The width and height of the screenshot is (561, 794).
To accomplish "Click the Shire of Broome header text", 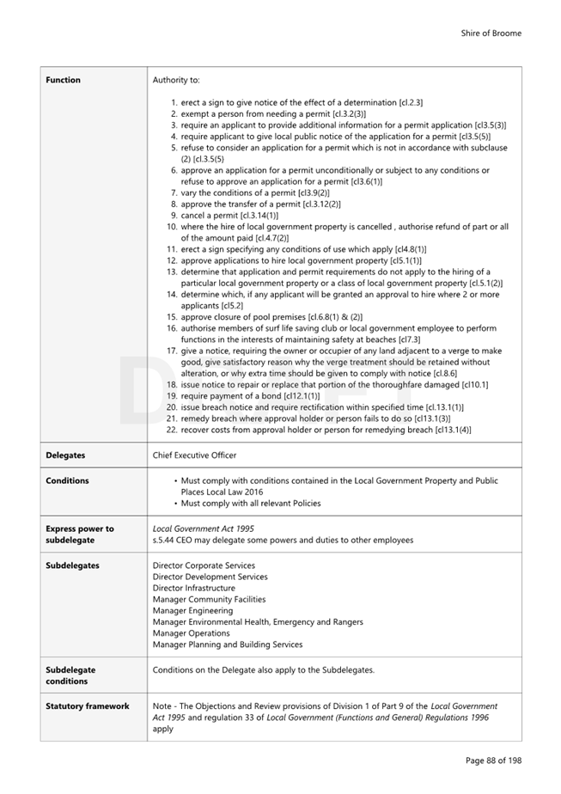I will pos(491,34).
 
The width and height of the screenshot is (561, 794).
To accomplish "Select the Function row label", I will pos(63,80).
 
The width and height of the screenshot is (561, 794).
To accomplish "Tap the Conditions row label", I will pos(67,480).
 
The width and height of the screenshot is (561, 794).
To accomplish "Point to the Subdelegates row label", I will pos(72,565).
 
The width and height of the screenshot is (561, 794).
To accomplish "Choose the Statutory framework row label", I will pos(87,706).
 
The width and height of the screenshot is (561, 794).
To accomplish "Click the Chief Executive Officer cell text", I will pos(194,455).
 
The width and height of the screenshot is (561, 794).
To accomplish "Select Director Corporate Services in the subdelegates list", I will pos(204,565).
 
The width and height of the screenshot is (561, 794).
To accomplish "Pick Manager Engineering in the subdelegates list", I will pos(192,610).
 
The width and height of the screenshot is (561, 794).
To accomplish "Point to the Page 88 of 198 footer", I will pos(493,760).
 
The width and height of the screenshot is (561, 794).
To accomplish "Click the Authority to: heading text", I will pos(175,80).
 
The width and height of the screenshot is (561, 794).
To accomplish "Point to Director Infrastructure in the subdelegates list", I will pos(193,588).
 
